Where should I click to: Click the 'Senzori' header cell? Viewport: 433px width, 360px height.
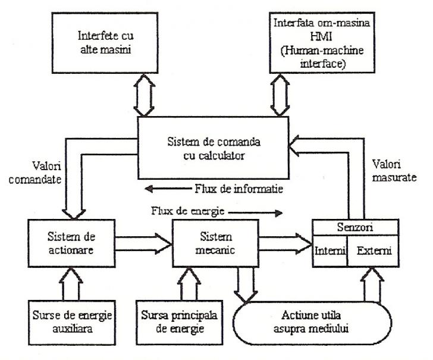click(356, 227)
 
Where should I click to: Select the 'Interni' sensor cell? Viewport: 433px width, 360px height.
click(330, 251)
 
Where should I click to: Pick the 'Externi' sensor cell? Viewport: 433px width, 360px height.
click(373, 251)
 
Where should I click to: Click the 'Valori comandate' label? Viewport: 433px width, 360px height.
click(35, 173)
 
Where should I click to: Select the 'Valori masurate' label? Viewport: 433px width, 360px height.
click(394, 171)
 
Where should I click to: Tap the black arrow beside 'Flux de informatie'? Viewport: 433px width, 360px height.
click(168, 189)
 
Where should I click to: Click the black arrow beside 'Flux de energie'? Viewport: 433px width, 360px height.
click(255, 213)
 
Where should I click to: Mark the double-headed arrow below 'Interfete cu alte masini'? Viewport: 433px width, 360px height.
click(144, 95)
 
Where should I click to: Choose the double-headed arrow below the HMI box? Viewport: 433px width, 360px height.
click(280, 95)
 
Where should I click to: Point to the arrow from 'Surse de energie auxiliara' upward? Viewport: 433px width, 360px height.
click(71, 284)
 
